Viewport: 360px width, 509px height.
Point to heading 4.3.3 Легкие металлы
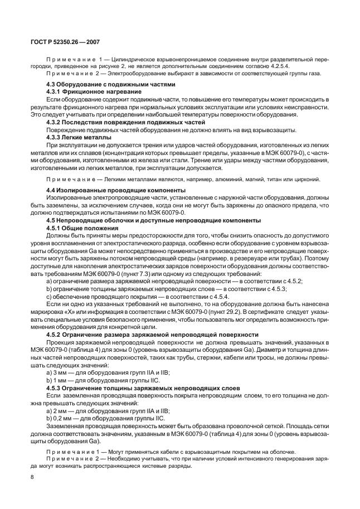pyautogui.click(x=79, y=137)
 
